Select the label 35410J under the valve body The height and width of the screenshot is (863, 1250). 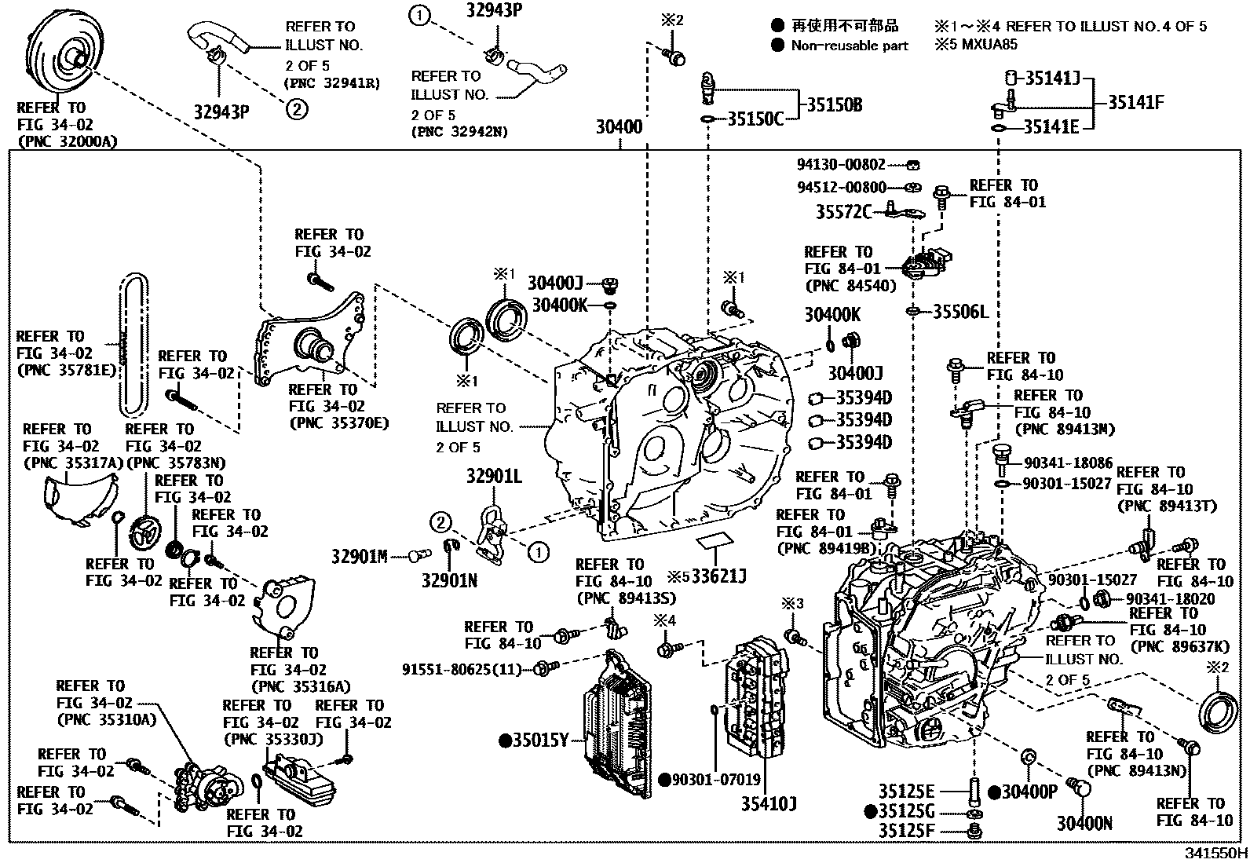click(x=769, y=804)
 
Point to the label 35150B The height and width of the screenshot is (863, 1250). click(x=835, y=105)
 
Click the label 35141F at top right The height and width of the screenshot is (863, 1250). click(x=1135, y=102)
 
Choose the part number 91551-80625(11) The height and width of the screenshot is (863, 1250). click(x=462, y=669)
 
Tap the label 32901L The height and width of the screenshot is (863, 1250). click(x=493, y=477)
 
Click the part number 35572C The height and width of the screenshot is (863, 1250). click(x=842, y=212)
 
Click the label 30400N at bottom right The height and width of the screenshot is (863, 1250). click(x=1084, y=823)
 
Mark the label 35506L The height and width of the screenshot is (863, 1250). click(x=959, y=312)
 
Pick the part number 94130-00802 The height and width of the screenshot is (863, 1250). click(x=840, y=165)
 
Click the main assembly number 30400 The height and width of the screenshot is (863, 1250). click(x=618, y=126)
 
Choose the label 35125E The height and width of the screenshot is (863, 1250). click(x=906, y=791)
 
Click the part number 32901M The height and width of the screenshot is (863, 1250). click(x=359, y=557)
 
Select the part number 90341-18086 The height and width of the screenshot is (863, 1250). click(x=1068, y=463)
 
